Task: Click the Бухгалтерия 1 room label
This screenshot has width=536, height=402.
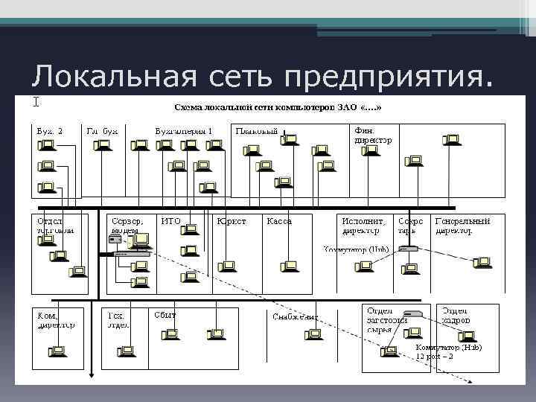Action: click(184, 130)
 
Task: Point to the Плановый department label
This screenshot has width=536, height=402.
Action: click(257, 130)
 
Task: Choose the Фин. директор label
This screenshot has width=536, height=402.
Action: click(372, 134)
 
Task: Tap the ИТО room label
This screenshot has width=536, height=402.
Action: click(171, 221)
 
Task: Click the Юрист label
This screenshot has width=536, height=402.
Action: click(231, 221)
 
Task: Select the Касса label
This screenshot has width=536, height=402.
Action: click(279, 221)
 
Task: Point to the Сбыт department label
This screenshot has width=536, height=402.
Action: click(165, 315)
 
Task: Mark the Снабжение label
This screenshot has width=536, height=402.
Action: click(296, 316)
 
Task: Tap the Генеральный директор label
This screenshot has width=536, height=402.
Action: click(462, 226)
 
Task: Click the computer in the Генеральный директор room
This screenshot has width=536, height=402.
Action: click(483, 261)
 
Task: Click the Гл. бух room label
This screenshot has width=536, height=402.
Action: click(103, 130)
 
